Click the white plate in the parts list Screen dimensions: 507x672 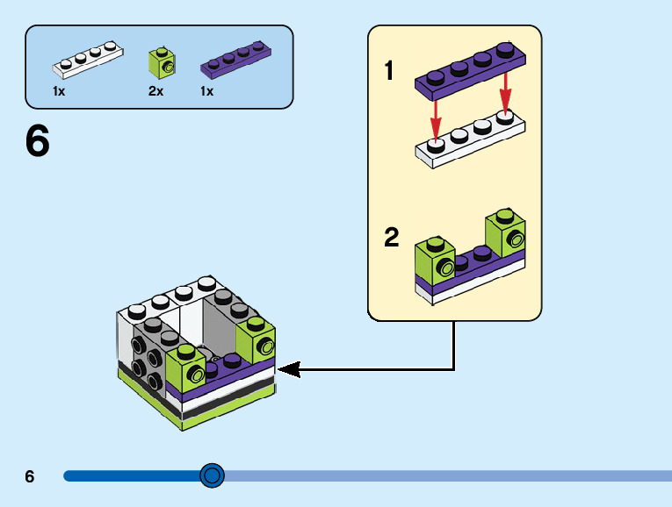86,59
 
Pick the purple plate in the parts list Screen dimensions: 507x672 235,60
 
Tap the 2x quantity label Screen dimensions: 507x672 155,91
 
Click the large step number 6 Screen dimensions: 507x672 38,142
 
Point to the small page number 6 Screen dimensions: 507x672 30,477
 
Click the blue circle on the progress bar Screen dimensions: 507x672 212,475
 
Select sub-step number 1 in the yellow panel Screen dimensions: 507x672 389,71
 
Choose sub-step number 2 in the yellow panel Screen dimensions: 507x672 392,238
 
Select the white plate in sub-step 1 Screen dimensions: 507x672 469,139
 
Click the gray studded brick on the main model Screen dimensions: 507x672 145,355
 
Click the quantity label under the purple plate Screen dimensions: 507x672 206,91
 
